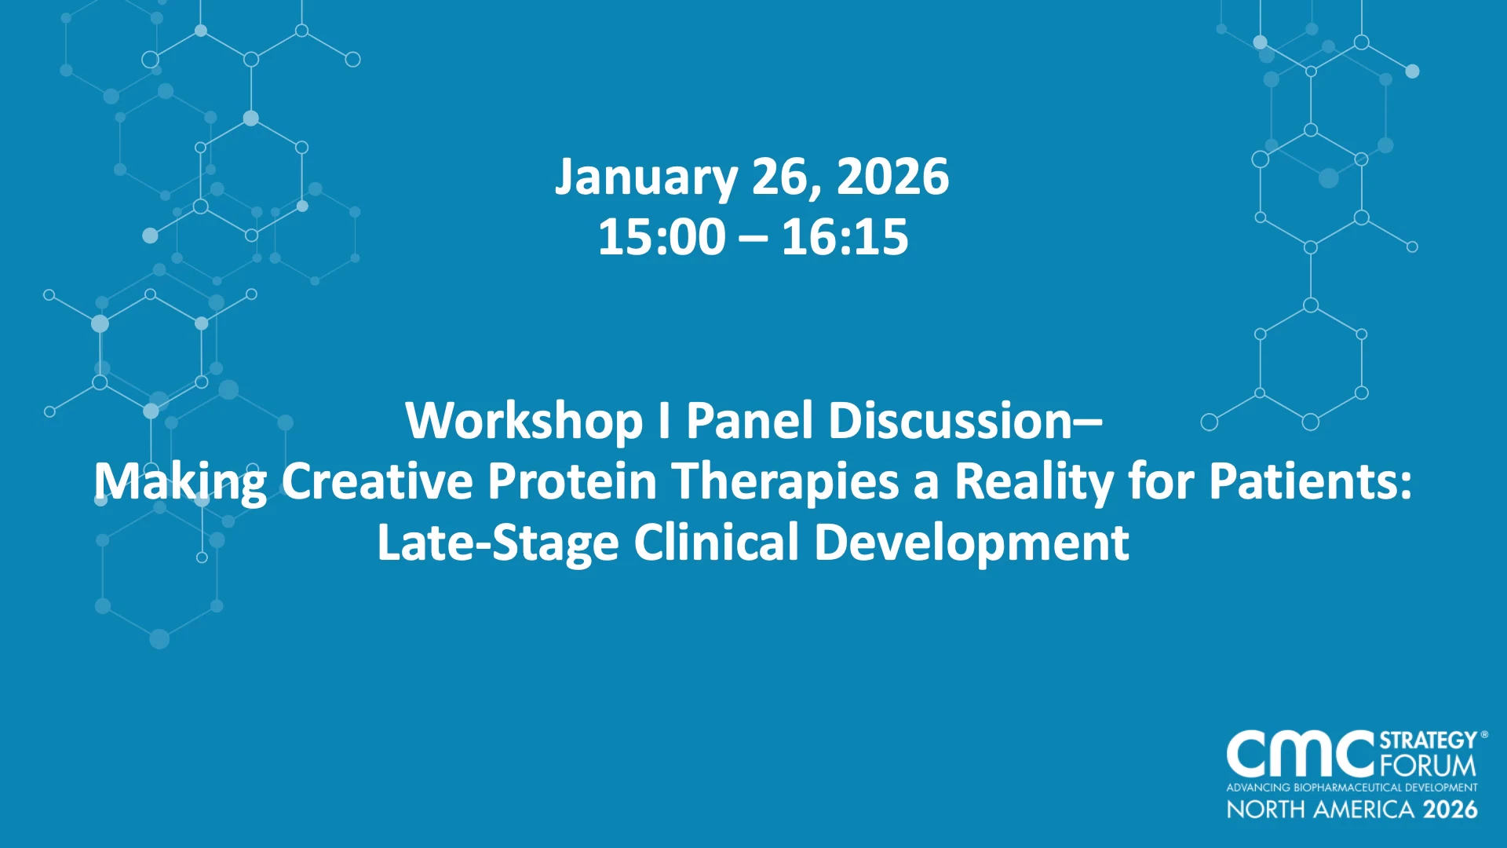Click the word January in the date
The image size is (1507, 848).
coord(646,178)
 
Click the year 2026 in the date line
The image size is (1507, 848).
coord(893,177)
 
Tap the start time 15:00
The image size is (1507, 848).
coord(662,237)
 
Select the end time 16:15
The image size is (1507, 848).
coord(845,237)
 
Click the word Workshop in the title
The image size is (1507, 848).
coord(524,422)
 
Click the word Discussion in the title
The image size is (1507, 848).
coord(951,421)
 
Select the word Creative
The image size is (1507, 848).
coord(378,481)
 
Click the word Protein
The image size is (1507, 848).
coord(572,481)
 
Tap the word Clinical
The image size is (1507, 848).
coord(717,543)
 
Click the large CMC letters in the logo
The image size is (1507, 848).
coord(1301,754)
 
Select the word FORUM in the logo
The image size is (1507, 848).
coord(1428,765)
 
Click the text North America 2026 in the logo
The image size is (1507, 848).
coord(1352,810)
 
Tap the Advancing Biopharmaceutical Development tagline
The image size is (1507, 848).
coord(1352,788)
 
